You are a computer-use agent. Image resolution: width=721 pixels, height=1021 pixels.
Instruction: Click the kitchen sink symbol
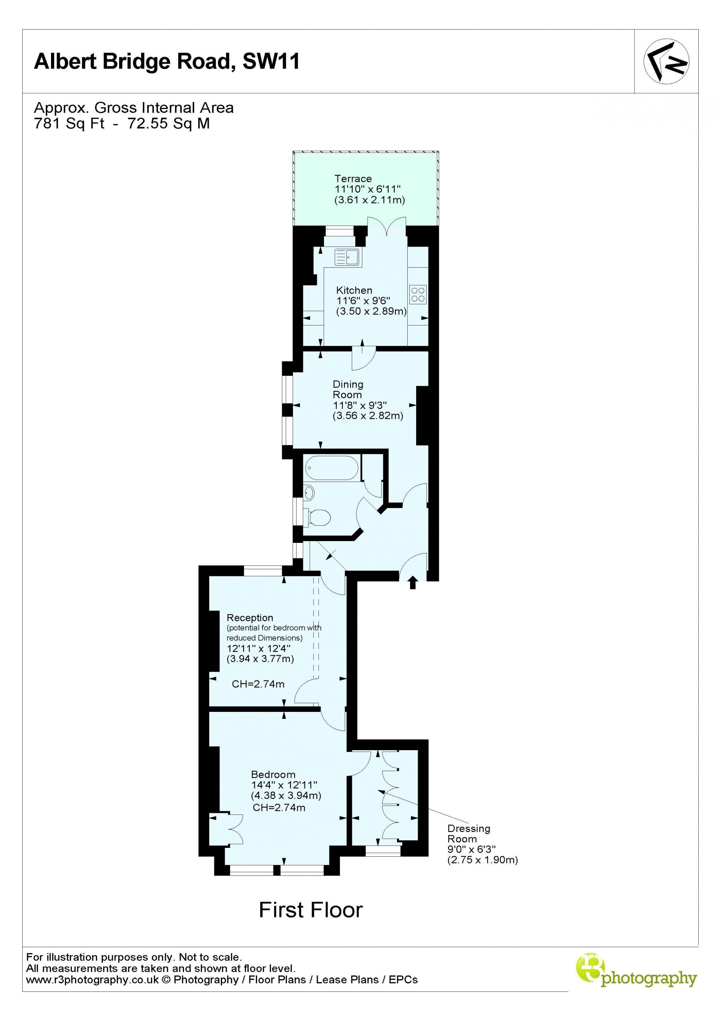pos(348,256)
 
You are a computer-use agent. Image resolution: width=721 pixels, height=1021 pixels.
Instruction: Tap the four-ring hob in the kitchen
pos(418,294)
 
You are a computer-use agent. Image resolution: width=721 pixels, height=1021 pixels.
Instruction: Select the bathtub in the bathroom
pos(332,468)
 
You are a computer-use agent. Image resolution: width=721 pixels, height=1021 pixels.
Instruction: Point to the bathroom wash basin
pos(309,493)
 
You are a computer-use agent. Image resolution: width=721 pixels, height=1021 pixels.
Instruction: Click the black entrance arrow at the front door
pos(413,582)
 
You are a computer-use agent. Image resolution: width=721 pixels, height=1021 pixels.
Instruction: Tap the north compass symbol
pos(666,61)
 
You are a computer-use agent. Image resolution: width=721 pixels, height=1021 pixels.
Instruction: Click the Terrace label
pos(353,179)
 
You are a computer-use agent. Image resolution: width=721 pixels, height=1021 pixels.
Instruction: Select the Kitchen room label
pos(354,290)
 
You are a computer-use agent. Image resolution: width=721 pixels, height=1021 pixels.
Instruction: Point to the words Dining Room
pos(348,389)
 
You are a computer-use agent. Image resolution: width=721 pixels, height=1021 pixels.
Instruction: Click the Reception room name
pos(250,618)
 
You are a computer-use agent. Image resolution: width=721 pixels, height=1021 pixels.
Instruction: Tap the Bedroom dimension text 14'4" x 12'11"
pos(284,785)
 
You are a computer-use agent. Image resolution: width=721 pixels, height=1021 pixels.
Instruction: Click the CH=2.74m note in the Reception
pos(258,684)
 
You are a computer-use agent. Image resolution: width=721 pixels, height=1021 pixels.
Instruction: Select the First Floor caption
pos(311,910)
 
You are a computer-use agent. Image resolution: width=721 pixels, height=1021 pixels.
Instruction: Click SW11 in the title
pos(271,61)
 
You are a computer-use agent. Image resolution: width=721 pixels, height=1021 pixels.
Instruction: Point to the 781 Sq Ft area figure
pos(69,123)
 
